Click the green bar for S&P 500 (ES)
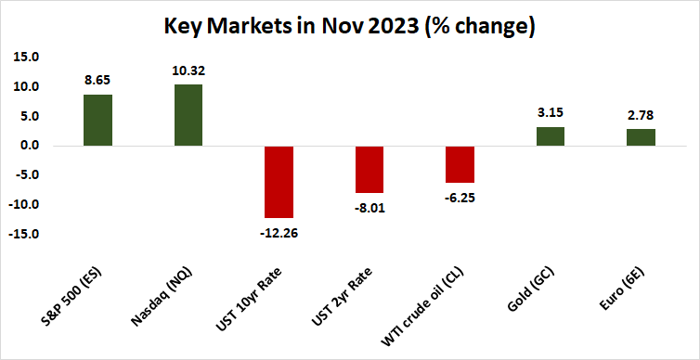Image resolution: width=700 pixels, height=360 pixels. click(97, 120)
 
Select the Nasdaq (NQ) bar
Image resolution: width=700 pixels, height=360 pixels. click(188, 115)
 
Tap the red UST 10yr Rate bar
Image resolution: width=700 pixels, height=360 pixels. click(279, 181)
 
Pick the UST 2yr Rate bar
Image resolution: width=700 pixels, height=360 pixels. click(369, 169)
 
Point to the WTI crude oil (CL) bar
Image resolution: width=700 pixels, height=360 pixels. click(460, 164)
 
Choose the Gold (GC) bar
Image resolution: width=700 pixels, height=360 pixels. click(551, 136)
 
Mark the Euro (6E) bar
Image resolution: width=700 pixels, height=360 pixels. click(642, 137)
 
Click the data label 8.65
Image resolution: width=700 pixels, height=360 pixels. click(97, 81)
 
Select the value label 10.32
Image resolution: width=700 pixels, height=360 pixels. click(188, 71)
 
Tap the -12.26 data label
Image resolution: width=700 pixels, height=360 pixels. click(279, 231)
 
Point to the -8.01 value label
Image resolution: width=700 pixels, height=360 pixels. click(369, 206)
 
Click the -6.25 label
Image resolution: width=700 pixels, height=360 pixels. click(460, 196)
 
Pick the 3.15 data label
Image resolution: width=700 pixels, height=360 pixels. click(551, 113)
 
